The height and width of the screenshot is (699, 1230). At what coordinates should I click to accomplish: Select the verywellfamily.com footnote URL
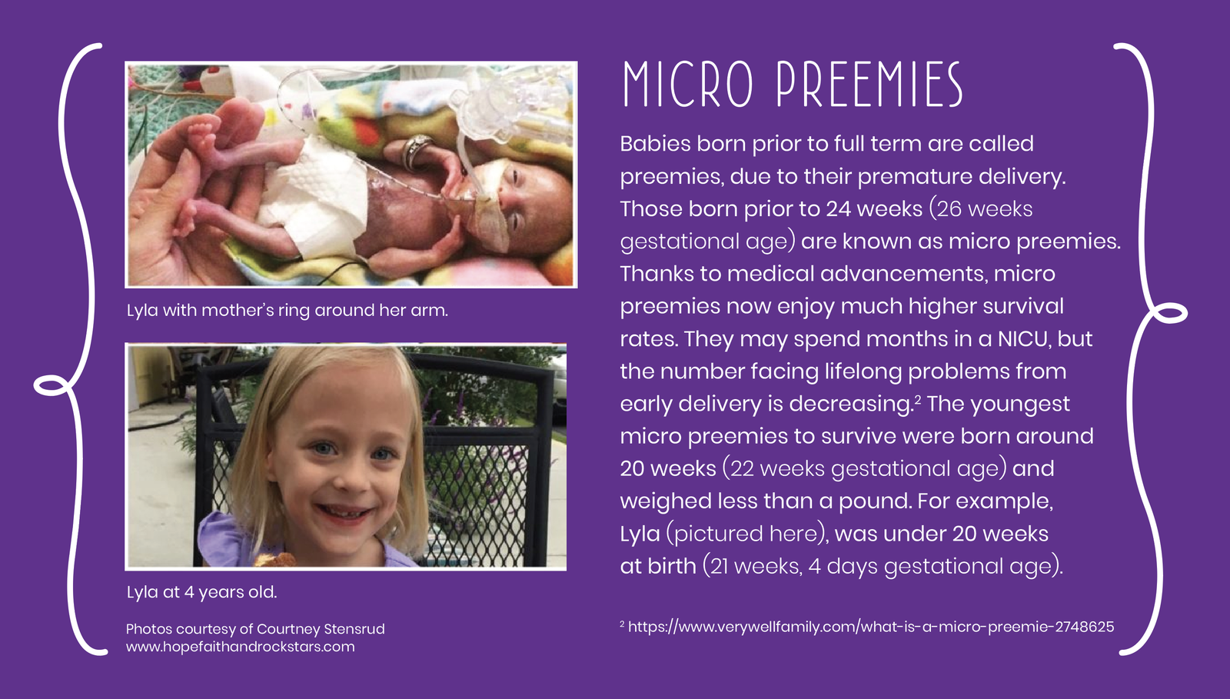point(871,627)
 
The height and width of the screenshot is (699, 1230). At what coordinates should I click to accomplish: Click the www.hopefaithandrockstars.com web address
point(241,647)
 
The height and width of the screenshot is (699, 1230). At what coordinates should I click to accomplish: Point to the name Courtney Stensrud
point(321,629)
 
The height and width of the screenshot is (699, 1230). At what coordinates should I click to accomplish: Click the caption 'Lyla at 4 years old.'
point(201,592)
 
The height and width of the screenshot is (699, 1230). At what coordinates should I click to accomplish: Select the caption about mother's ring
point(288,310)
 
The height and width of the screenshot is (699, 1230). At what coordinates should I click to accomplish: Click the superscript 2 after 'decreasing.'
point(918,398)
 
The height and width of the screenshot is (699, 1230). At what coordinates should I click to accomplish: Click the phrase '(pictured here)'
point(747,534)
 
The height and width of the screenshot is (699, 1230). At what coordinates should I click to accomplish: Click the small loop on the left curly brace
point(52,385)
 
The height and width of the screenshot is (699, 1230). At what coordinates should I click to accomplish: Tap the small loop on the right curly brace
point(1168,313)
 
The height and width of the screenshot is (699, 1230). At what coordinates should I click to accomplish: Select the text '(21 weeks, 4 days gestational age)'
point(883,566)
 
